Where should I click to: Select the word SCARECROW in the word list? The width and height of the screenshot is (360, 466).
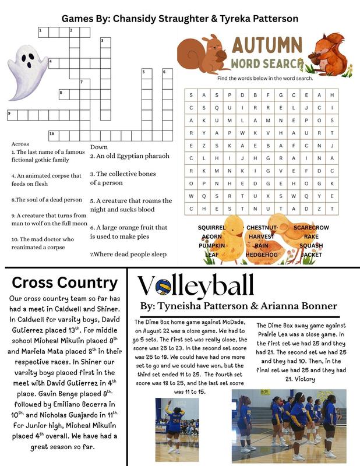(x=311, y=228)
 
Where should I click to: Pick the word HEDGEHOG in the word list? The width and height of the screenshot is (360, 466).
(x=262, y=255)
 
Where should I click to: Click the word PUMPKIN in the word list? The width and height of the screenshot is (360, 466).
(x=211, y=246)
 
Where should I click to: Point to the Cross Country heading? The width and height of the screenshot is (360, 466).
(x=65, y=283)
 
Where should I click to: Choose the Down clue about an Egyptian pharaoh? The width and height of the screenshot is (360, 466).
(x=129, y=156)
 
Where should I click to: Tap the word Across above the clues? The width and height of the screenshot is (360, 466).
(x=20, y=144)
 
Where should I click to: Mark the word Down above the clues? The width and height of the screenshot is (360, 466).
(x=99, y=147)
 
